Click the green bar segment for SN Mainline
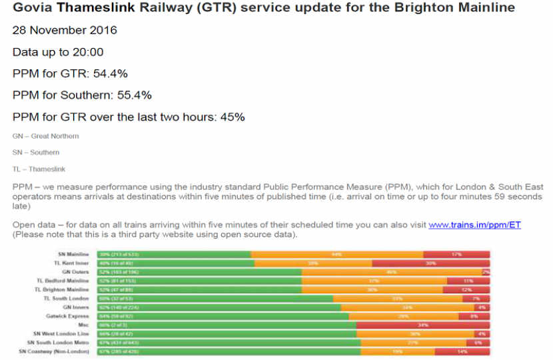coord(173,255)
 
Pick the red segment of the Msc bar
coord(423,325)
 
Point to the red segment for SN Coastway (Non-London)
coord(462,351)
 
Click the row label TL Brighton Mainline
coord(63,290)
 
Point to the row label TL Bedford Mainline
coord(63,281)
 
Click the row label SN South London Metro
coord(59,342)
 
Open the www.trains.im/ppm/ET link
coord(474,225)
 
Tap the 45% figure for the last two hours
coord(233,117)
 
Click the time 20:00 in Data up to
coord(89,52)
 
